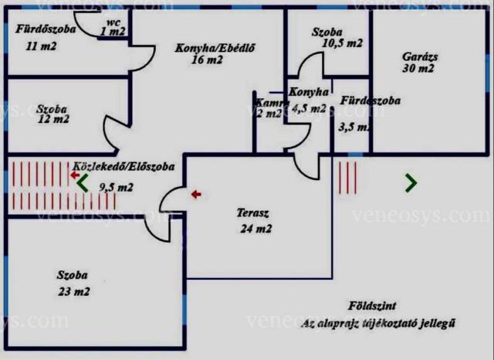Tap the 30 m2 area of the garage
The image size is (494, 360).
tap(418, 68)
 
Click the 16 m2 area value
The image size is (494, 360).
tap(206, 59)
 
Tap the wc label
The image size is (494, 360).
tap(113, 22)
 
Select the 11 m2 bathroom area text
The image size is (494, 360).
tap(41, 46)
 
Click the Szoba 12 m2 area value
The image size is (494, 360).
tap(52, 120)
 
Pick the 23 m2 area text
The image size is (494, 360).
tap(73, 292)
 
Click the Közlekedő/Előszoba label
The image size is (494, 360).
tap(123, 166)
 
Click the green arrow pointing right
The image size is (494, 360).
tap(411, 183)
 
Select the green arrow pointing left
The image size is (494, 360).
tap(83, 183)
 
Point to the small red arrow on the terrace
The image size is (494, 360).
tap(196, 195)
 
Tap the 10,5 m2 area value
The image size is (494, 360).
tap(343, 44)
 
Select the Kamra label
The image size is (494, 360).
tap(266, 103)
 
